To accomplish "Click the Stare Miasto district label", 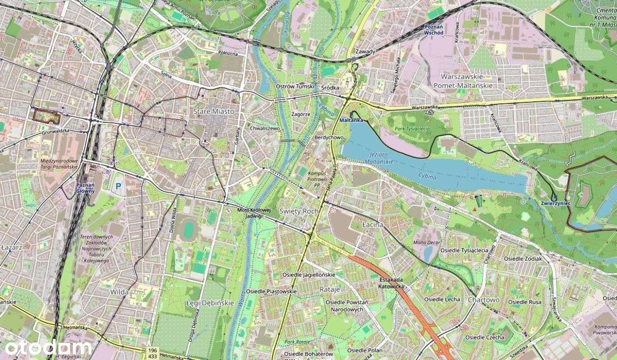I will click(213, 111).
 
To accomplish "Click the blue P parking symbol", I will click(119, 186).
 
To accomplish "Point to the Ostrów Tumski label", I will click(295, 86).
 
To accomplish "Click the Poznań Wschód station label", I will click(433, 29).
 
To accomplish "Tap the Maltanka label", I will click(351, 120).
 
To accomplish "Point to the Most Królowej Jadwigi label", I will click(254, 213).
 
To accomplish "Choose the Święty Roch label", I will click(299, 211).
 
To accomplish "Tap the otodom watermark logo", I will click(45, 348).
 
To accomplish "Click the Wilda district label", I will click(119, 292).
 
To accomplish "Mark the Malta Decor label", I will click(426, 242).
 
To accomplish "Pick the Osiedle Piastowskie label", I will click(271, 291).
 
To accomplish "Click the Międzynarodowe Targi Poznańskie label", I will click(59, 164).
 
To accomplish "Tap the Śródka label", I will click(329, 87).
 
